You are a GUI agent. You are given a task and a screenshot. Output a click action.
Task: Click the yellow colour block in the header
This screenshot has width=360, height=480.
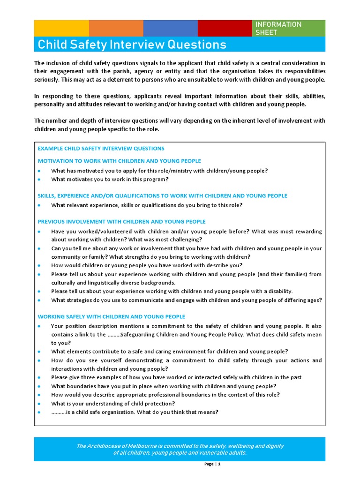pos(61,28)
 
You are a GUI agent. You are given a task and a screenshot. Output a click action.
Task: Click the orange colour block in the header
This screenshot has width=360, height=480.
pos(116,28)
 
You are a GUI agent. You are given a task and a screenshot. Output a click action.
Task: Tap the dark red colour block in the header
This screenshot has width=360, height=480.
pos(225,28)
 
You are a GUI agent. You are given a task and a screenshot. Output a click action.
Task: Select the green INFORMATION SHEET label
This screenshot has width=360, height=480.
pos(288,28)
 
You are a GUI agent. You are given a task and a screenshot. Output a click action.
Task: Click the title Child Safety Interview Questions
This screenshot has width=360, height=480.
pos(132,45)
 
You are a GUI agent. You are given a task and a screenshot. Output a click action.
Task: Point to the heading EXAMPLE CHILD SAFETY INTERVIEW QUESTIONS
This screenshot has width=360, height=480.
pos(101,148)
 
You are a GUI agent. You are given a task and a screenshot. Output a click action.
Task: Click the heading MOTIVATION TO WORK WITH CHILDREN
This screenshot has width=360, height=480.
pos(119,161)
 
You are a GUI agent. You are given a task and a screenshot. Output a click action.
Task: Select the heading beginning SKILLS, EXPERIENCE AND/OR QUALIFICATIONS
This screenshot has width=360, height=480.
pos(162,195)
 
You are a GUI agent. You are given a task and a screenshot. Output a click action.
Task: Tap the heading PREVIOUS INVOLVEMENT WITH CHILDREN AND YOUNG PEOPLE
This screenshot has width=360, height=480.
pos(121,221)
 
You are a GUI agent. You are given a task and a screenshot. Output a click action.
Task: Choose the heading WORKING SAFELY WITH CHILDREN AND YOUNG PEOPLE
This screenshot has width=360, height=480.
pos(111,316)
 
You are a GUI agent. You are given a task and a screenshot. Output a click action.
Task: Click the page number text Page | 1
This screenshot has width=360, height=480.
pos(212,464)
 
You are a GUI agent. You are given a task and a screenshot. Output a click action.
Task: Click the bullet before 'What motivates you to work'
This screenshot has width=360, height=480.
pos(40,180)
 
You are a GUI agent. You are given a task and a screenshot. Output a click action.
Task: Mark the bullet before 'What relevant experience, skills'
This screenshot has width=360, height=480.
pos(40,205)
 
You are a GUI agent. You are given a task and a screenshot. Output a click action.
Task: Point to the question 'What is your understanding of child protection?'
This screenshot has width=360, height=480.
pos(113,404)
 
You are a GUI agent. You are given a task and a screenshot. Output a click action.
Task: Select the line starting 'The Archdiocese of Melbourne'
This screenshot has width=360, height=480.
pos(180,446)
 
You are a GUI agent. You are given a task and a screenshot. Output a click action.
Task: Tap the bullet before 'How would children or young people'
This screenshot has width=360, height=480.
pos(40,265)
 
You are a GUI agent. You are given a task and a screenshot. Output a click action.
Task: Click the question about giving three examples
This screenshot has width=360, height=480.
pos(177,377)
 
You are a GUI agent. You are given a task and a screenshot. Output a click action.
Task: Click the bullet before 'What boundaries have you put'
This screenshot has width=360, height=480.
pos(40,386)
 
